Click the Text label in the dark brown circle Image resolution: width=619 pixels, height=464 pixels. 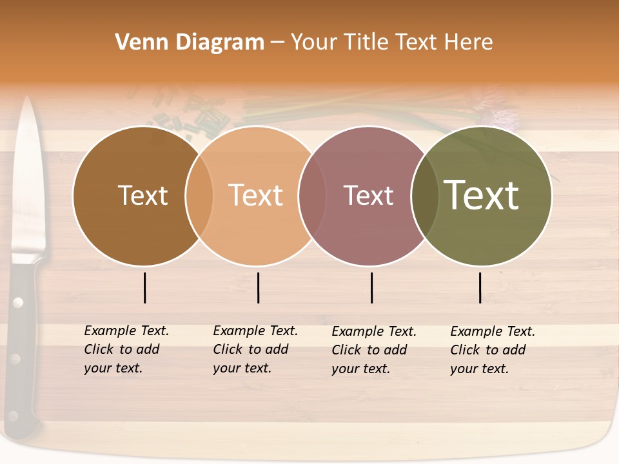[142, 195]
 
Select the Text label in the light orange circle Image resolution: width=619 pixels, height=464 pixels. [256, 195]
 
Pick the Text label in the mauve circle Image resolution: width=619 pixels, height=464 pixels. [368, 195]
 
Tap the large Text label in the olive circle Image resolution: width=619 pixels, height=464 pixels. [482, 195]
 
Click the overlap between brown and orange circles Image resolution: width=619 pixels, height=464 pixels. [199, 195]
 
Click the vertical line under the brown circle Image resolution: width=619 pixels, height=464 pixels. [145, 287]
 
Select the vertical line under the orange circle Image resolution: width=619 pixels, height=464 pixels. [258, 287]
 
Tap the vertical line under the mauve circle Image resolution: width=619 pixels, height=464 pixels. [372, 287]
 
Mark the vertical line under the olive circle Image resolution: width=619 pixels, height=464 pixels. [480, 287]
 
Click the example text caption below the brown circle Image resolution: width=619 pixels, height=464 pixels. [126, 349]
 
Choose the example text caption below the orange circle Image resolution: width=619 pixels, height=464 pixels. [255, 349]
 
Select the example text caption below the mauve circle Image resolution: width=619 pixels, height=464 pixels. [373, 350]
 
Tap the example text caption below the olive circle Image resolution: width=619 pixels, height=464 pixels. [492, 350]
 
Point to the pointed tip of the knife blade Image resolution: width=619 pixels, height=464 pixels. [27, 99]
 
